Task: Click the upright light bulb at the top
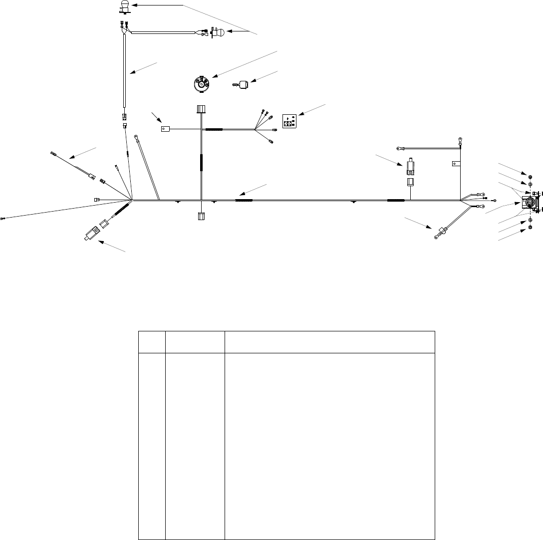tap(124, 7)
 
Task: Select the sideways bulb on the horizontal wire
tap(219, 33)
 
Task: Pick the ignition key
tap(243, 85)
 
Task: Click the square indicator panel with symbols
tap(289, 121)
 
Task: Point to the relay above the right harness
tap(410, 167)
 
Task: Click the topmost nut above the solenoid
tap(530, 177)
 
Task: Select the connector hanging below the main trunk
tap(201, 216)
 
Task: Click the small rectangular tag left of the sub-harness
tap(165, 128)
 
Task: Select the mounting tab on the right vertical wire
tap(455, 163)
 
